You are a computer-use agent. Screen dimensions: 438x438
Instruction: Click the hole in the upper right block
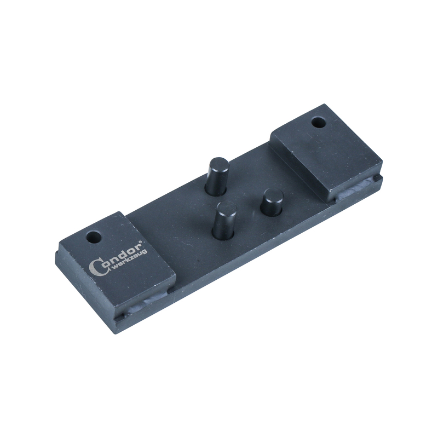[318, 122]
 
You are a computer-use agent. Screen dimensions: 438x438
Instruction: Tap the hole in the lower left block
[94, 238]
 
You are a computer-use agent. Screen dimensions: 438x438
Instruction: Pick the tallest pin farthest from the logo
[218, 176]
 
